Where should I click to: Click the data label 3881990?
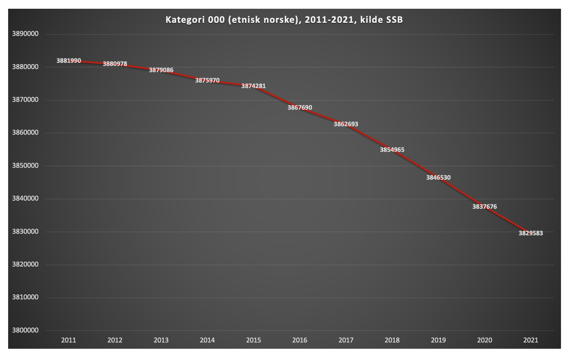(x=68, y=61)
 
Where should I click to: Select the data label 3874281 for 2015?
(x=253, y=86)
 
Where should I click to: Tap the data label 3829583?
(x=531, y=233)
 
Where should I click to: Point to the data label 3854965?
(x=392, y=150)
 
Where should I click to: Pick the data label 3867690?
(x=300, y=107)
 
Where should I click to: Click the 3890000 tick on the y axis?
(x=25, y=34)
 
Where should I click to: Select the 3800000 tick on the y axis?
(x=25, y=330)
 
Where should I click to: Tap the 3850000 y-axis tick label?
(x=25, y=166)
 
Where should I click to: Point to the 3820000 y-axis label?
(x=25, y=264)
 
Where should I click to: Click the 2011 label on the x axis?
(x=68, y=340)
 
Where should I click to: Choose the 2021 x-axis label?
(x=531, y=340)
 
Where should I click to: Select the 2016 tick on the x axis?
(x=300, y=340)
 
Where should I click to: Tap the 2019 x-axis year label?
(x=438, y=340)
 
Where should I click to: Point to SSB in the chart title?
(x=394, y=20)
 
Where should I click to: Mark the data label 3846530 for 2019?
(x=438, y=177)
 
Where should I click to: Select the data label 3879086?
(x=161, y=70)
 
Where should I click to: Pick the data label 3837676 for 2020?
(x=484, y=207)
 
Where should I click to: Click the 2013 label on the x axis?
(x=161, y=340)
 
